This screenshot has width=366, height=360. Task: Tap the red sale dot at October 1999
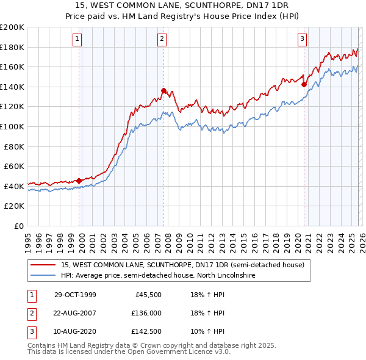pyautogui.click(x=79, y=181)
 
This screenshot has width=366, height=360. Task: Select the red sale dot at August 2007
pyautogui.click(x=163, y=91)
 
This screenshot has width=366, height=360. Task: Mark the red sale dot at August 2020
pyautogui.click(x=304, y=85)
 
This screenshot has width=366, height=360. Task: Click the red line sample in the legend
pyautogui.click(x=44, y=265)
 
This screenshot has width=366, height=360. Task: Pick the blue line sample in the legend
pyautogui.click(x=44, y=276)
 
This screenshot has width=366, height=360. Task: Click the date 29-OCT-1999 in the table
pyautogui.click(x=75, y=295)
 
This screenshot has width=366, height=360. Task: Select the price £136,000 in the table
pyautogui.click(x=146, y=313)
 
